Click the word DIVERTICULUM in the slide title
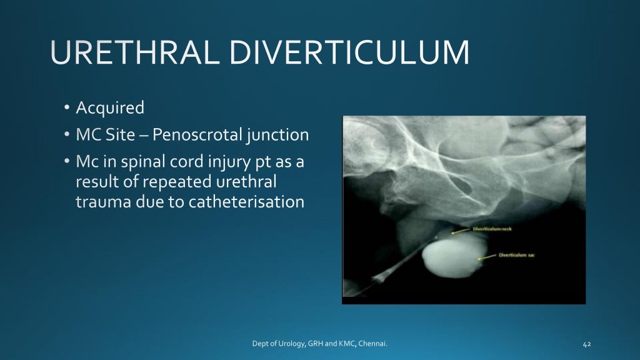point(349,53)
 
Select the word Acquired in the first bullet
point(110,108)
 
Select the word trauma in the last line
point(98,202)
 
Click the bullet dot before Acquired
point(67,109)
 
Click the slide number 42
point(586,344)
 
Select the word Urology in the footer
point(291,343)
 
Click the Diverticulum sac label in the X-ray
point(517,255)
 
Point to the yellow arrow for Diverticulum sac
point(488,256)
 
